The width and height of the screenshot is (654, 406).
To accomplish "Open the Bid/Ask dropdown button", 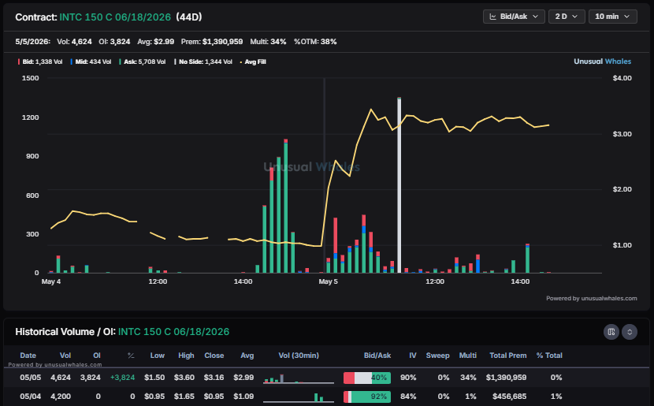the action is [514, 17].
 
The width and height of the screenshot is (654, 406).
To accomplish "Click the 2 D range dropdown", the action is [567, 17].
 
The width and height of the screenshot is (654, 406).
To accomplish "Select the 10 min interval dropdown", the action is [612, 17].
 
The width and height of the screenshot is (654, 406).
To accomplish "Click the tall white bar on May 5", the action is [399, 184].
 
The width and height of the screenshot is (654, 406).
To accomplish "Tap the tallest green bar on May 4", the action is [286, 206].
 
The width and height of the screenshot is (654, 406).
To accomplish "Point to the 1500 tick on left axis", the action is [30, 78].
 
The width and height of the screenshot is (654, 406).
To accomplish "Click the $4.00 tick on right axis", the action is [622, 78].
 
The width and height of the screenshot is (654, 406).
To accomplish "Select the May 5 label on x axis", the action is [329, 281].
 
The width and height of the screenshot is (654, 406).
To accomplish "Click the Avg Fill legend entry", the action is [253, 61].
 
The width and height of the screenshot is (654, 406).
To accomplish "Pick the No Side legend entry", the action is [203, 61].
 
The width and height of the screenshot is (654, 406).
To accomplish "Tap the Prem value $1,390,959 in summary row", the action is [222, 42].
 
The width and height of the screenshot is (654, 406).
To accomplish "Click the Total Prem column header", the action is [507, 356].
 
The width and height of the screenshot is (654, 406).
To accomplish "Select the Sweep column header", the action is [437, 356].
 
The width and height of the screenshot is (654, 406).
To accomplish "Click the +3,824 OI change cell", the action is [122, 378].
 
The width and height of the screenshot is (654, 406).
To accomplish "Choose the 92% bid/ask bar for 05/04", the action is [367, 397].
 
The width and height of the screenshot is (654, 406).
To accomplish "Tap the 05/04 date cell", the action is [31, 397].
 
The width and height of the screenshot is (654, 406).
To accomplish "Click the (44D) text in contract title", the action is [189, 17].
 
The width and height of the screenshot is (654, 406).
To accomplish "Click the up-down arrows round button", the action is [630, 332].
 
